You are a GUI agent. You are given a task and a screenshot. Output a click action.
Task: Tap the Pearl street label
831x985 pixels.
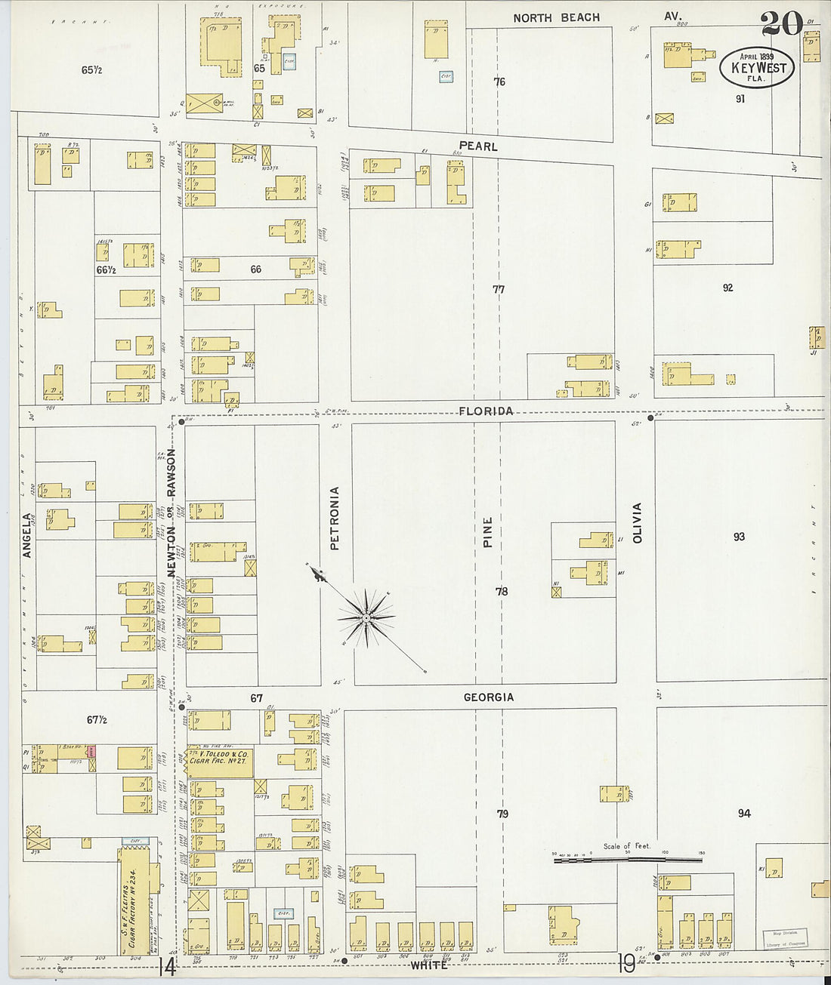click(x=478, y=146)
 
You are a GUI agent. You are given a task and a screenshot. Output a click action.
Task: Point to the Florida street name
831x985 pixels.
click(x=486, y=411)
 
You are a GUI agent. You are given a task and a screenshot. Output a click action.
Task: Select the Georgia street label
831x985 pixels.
click(x=489, y=697)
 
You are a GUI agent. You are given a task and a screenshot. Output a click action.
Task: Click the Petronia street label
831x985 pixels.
click(x=335, y=518)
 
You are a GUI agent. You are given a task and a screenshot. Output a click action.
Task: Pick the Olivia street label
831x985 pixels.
click(x=637, y=523)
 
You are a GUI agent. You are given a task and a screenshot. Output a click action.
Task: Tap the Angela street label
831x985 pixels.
click(x=28, y=536)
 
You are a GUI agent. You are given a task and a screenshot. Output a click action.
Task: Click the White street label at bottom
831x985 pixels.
click(x=429, y=965)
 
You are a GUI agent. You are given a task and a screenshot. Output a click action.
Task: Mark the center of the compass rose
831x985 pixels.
click(x=366, y=618)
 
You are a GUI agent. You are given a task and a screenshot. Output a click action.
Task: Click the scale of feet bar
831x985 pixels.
click(x=629, y=859)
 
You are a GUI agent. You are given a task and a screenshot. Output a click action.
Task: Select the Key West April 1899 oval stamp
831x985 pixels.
click(x=757, y=67)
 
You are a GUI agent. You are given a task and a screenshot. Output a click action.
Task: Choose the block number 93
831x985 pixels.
click(x=738, y=537)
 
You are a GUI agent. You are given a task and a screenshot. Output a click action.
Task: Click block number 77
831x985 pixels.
click(x=498, y=289)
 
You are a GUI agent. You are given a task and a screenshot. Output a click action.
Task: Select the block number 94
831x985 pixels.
click(x=744, y=813)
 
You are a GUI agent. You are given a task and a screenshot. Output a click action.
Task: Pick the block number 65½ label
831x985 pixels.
click(x=91, y=70)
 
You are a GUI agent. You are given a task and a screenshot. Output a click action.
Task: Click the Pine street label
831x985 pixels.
click(x=487, y=531)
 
